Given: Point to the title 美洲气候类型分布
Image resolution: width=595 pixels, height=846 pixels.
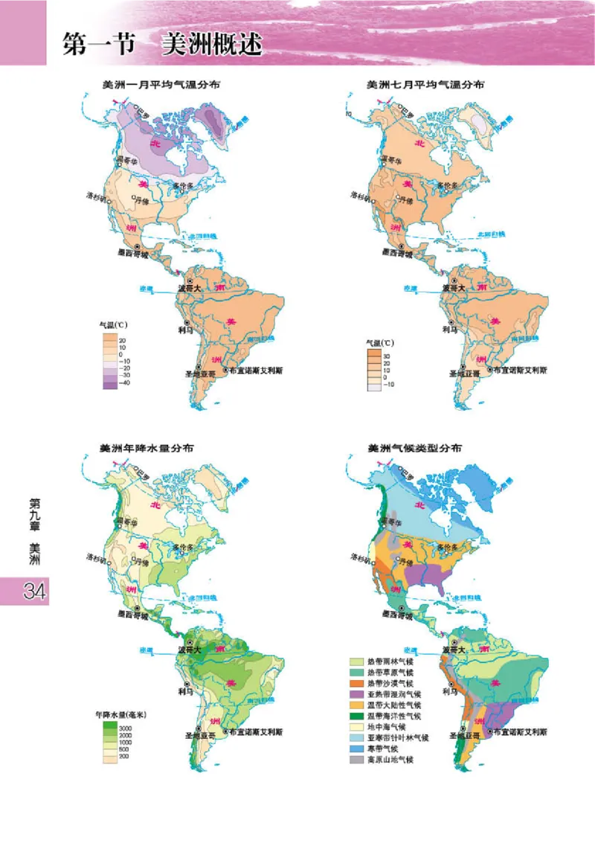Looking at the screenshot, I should click(414, 449).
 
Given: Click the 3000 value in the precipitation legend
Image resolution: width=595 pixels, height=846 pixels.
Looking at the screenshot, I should click(125, 726).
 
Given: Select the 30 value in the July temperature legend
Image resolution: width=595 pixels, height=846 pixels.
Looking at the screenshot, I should click(387, 356).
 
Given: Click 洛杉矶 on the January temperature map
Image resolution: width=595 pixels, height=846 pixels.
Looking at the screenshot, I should click(98, 198).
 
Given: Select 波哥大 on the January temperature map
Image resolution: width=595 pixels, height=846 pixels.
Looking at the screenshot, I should click(190, 287).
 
